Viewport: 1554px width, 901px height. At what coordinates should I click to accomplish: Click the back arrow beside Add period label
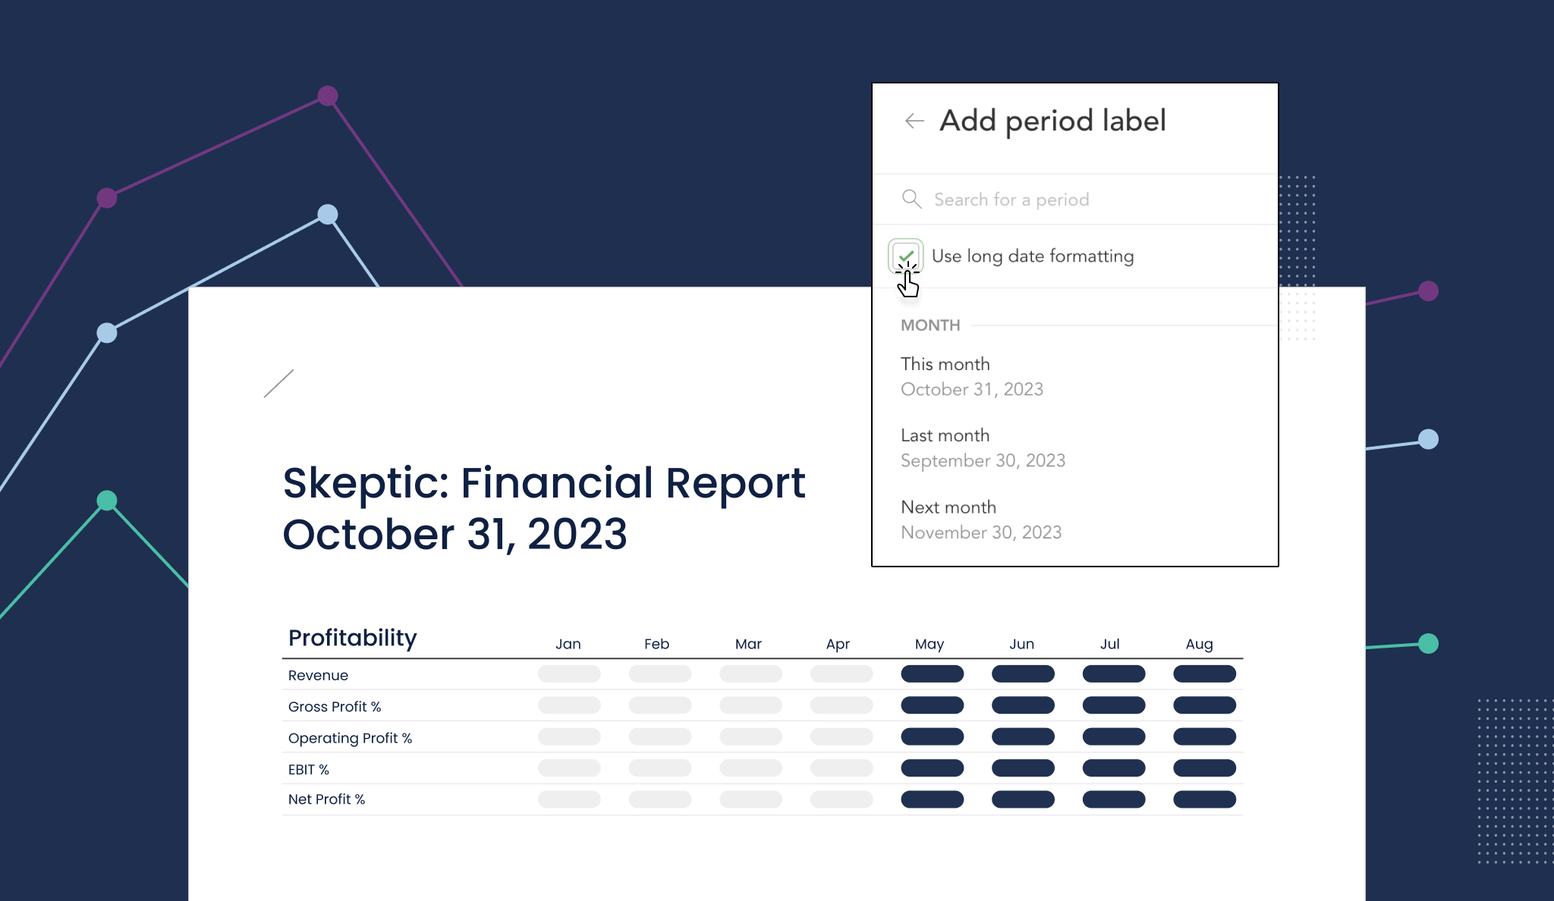[x=914, y=121]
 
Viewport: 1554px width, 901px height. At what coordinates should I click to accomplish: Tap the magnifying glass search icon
[x=911, y=199]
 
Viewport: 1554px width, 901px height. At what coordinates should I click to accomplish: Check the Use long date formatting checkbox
[x=905, y=256]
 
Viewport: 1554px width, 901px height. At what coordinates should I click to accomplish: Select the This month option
[x=945, y=364]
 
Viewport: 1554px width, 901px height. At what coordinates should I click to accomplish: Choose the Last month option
[x=945, y=435]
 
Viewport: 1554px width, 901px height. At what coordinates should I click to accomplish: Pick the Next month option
[x=948, y=507]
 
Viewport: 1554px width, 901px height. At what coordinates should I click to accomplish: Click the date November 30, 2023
[x=980, y=532]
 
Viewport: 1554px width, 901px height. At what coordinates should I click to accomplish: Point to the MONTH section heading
[x=930, y=325]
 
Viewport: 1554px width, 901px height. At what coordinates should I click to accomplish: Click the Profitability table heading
[x=352, y=638]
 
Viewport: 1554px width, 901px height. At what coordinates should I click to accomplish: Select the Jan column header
[x=568, y=644]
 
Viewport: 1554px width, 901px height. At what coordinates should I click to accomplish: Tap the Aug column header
[x=1199, y=644]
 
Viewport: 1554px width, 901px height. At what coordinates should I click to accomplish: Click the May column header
[x=929, y=644]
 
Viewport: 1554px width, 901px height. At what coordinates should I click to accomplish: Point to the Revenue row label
[x=318, y=675]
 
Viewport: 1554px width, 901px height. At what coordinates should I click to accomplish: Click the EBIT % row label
[x=308, y=769]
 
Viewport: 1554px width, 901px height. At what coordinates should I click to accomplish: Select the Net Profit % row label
[x=326, y=799]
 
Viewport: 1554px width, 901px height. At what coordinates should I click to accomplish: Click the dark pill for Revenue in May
[x=932, y=673]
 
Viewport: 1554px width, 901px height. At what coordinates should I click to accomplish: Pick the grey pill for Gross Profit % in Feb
[x=659, y=705]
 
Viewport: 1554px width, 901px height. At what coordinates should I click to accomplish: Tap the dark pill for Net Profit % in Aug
[x=1204, y=799]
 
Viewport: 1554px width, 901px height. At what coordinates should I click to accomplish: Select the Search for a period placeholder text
[x=1011, y=199]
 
